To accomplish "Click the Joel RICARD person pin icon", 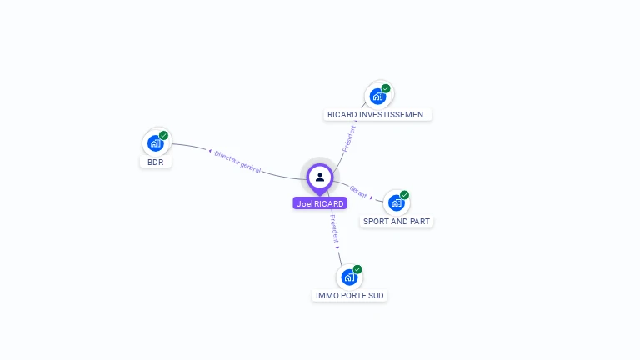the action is pos(320,178).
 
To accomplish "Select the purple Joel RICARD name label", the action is pos(320,203).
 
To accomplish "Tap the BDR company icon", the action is pos(155,143).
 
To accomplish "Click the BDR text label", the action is pos(156,162).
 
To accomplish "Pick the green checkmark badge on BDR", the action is pos(163,135).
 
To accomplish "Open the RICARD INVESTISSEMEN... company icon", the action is pos(377,97).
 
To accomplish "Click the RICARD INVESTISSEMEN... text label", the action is pos(378,115).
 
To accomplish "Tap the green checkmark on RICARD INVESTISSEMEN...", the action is pos(386,88).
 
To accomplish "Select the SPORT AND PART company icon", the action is pos(397,202).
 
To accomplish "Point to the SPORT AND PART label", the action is pos(397,221).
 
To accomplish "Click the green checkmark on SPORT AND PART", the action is pos(404,195).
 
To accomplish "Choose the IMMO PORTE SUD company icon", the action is pos(349,277).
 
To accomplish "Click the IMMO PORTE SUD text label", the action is pos(350,296).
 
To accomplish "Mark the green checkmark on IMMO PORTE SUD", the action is pos(357,269).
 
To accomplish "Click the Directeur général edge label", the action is pos(237,162).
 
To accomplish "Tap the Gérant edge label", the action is pos(358,192).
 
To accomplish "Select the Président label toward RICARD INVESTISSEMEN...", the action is pos(349,139).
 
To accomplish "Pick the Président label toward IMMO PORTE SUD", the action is pos(335,228).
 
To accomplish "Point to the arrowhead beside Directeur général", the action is pos(210,151).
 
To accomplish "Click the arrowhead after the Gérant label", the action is pos(371,197).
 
